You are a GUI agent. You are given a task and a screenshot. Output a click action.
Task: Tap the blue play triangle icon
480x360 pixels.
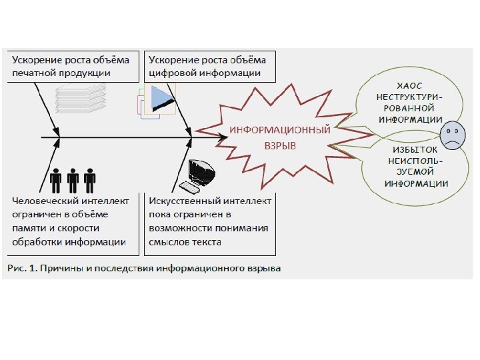pyautogui.click(x=161, y=99)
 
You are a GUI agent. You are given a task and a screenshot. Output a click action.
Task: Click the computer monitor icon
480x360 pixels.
pyautogui.click(x=200, y=175)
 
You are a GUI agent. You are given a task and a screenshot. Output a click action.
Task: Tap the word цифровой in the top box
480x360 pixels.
pyautogui.click(x=175, y=72)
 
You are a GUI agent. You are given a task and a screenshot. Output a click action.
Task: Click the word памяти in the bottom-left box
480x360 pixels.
pyautogui.click(x=29, y=228)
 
